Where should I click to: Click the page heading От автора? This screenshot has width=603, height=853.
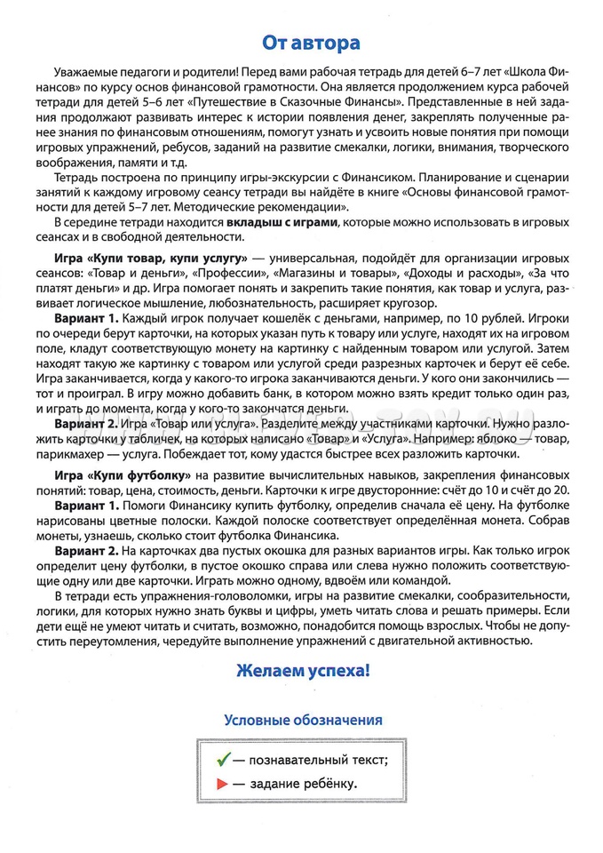click(x=302, y=44)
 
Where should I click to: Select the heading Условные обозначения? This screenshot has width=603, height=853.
click(x=303, y=720)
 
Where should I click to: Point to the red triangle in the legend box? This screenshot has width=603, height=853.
click(x=219, y=784)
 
